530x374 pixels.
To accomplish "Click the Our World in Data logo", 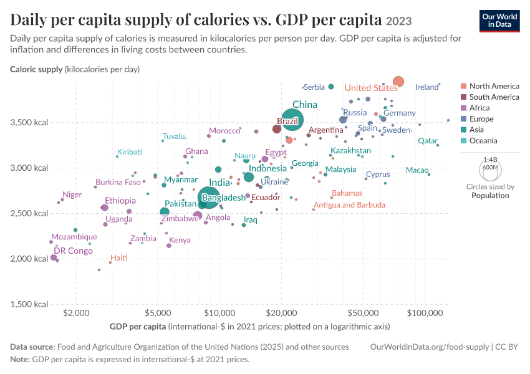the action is point(499,21).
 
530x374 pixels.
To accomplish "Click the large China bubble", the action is point(292,120).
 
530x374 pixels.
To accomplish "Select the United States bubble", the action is point(398,82).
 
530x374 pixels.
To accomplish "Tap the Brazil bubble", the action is point(276,129).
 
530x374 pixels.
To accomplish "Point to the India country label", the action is point(219,183).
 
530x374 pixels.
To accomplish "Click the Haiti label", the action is point(119,258).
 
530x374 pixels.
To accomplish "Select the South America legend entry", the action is point(489,97).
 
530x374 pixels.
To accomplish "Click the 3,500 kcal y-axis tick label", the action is point(29,122).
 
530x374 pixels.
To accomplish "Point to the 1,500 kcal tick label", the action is point(29,304).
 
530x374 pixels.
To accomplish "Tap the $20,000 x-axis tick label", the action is point(282,313).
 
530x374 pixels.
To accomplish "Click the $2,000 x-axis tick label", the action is point(77,313).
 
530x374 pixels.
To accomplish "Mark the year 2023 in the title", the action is point(399,21).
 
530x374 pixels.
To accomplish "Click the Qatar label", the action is point(428,140).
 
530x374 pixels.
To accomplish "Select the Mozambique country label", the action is point(74,236).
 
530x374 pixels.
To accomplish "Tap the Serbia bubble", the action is point(331,87).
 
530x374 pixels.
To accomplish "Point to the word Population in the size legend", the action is point(490,196).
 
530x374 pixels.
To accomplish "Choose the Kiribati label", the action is point(130,151).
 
